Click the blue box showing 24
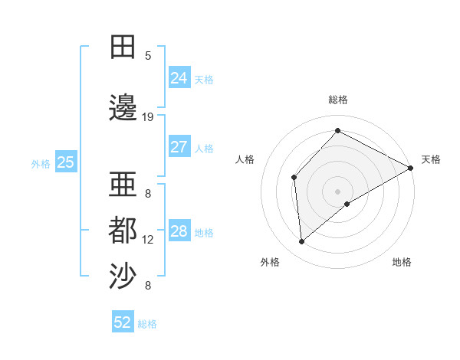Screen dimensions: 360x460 coord(179,77)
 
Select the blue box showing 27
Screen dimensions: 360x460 coord(179,147)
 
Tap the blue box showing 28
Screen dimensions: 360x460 coord(179,231)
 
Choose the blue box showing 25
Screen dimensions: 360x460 coord(66,162)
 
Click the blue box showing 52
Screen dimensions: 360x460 coord(123,322)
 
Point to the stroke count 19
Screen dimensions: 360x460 coord(148,117)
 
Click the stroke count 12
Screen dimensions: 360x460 coord(148,240)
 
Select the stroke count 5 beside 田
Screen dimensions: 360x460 coord(148,56)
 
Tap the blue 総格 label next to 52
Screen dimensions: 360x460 coord(147,324)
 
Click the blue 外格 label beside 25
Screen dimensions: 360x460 coord(41,163)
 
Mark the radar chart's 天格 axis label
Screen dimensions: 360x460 coord(431,159)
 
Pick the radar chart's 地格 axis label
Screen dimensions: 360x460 coord(402,262)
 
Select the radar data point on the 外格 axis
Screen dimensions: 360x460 coord(302,241)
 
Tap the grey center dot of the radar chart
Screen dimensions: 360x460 coord(337,191)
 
